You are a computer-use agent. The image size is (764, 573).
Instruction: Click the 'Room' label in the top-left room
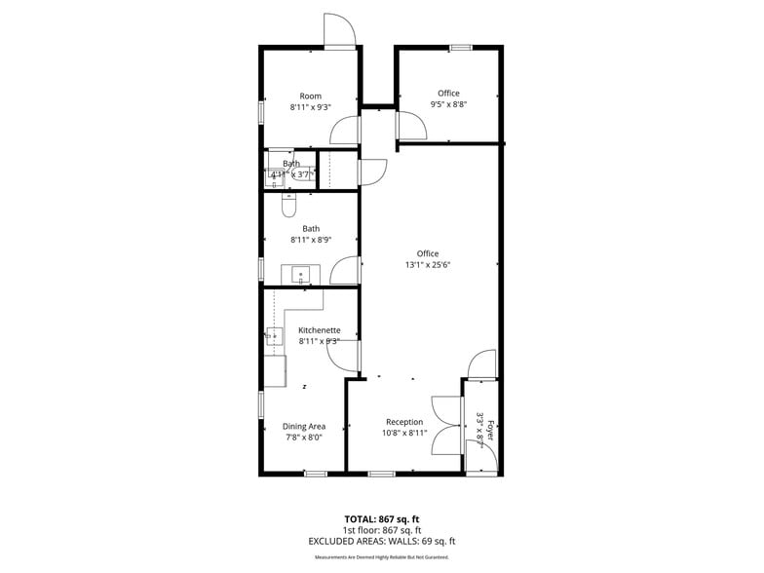(x=310, y=95)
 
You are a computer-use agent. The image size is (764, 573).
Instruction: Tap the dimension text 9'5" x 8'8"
(x=448, y=104)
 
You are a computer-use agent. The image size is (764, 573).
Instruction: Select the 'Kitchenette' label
(x=318, y=330)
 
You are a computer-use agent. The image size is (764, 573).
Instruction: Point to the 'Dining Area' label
(x=303, y=426)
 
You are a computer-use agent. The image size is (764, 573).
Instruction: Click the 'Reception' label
(x=403, y=422)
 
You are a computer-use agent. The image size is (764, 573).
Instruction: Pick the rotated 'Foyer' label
(x=491, y=430)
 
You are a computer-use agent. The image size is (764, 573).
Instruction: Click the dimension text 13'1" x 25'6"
(x=428, y=264)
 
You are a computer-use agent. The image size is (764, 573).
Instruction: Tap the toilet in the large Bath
(x=288, y=207)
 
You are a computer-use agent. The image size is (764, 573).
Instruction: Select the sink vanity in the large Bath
(x=300, y=274)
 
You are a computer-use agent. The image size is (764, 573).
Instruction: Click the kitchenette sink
(x=274, y=337)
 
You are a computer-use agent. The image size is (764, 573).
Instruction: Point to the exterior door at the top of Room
(x=339, y=32)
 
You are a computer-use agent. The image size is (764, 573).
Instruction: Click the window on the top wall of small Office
(x=461, y=47)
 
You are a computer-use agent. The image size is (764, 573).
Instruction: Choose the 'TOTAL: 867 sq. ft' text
(x=382, y=518)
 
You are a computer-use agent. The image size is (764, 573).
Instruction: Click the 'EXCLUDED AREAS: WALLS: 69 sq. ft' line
(x=382, y=540)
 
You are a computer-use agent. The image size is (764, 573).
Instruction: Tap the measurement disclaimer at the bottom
(x=382, y=557)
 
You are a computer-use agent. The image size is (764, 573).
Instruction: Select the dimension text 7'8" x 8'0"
(x=303, y=438)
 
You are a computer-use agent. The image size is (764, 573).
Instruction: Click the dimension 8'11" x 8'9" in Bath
(x=310, y=240)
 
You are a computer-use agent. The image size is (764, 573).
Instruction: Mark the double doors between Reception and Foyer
(x=447, y=426)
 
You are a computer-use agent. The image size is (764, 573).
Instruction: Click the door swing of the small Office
(x=410, y=125)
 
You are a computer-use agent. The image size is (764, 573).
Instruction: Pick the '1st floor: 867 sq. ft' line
(x=382, y=529)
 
